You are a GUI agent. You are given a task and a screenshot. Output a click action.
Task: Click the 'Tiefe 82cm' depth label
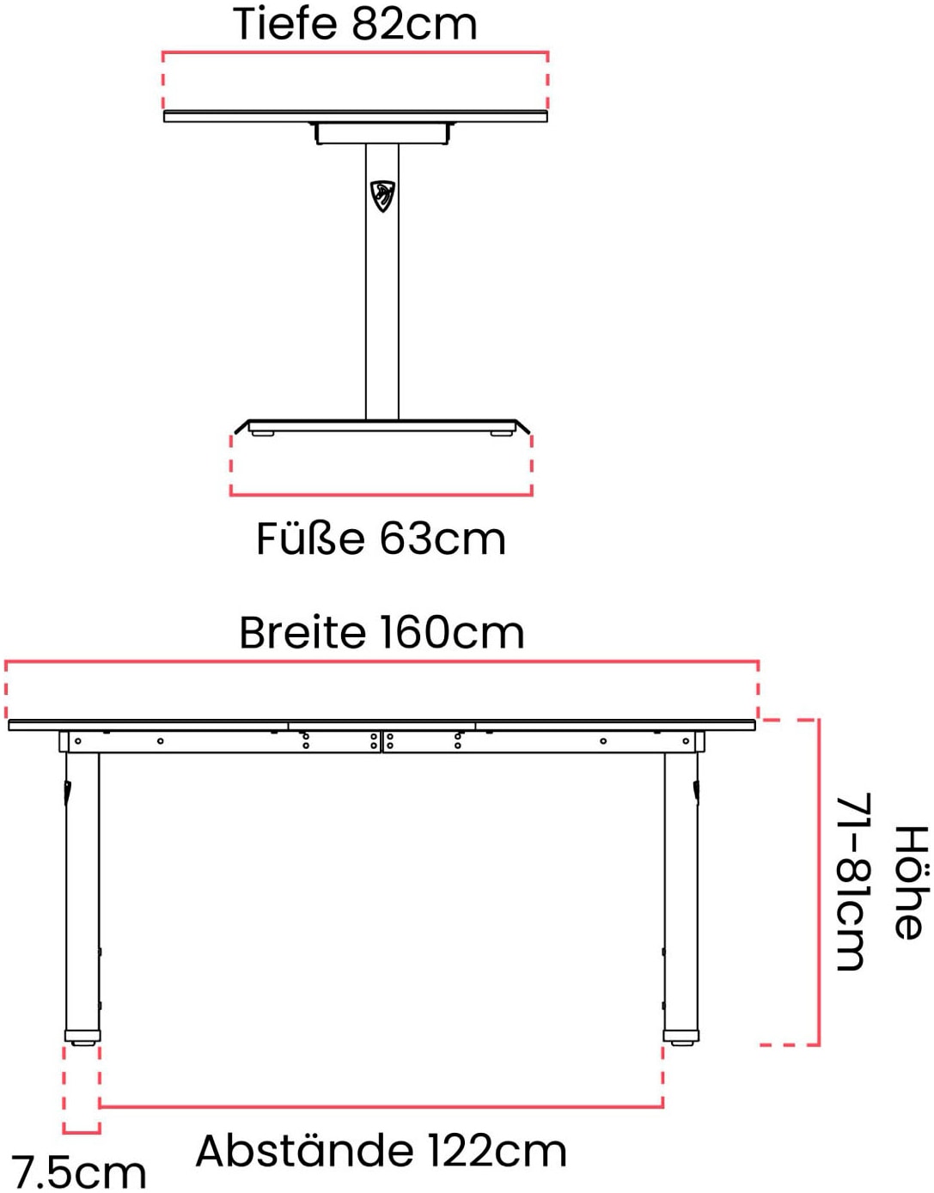point(355,24)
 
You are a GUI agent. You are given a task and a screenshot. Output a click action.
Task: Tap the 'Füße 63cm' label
point(381,539)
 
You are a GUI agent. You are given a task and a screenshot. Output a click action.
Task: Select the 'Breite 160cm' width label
point(382,633)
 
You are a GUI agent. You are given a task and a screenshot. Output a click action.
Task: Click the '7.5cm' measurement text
point(78,1174)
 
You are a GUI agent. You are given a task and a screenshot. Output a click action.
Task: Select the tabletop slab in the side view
point(356,117)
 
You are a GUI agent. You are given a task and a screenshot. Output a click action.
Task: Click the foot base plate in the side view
point(382,426)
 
